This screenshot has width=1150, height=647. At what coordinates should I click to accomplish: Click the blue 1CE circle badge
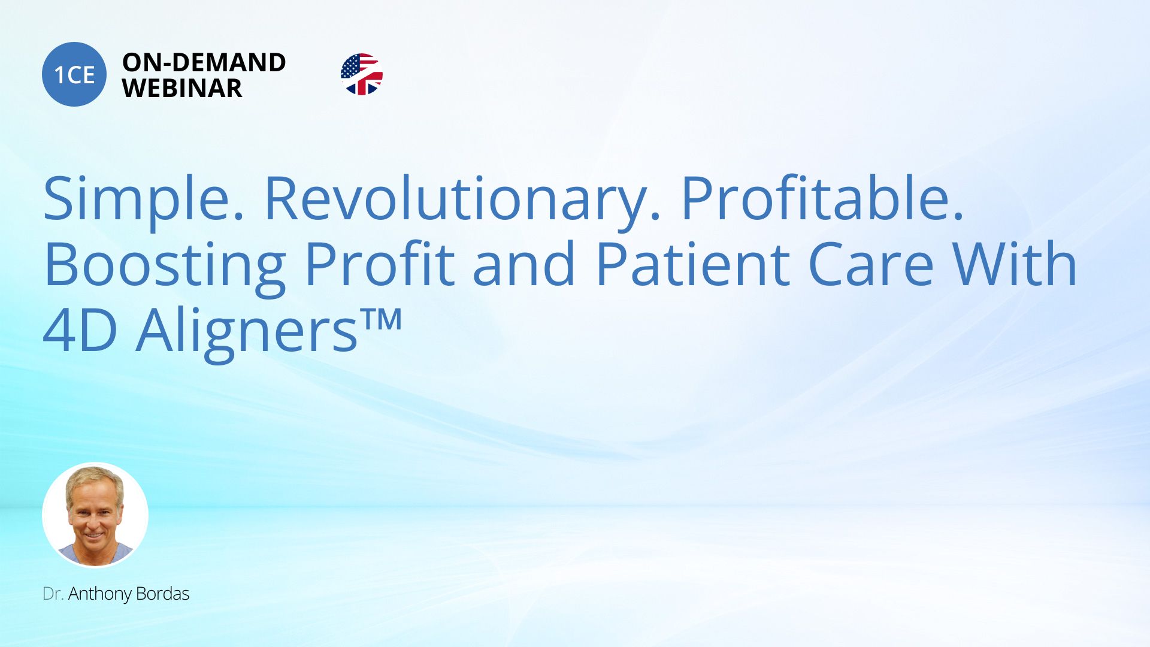point(74,74)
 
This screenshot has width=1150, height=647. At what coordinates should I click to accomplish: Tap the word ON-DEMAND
point(204,62)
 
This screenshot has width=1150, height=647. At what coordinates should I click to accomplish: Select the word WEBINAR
point(182,89)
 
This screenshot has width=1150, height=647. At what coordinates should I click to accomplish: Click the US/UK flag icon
point(361,74)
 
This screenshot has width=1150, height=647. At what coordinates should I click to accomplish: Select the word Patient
point(693,264)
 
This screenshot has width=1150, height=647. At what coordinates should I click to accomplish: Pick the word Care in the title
point(871,264)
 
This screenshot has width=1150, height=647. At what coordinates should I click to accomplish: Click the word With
point(1015,264)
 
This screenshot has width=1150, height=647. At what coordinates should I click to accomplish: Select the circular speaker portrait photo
point(95,515)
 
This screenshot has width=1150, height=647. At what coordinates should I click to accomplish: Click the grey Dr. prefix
point(53,594)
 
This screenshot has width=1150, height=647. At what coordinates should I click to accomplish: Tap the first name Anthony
point(99,594)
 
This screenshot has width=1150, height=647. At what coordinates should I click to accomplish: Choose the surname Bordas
point(162,594)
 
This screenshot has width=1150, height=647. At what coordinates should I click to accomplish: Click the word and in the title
point(524,264)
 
